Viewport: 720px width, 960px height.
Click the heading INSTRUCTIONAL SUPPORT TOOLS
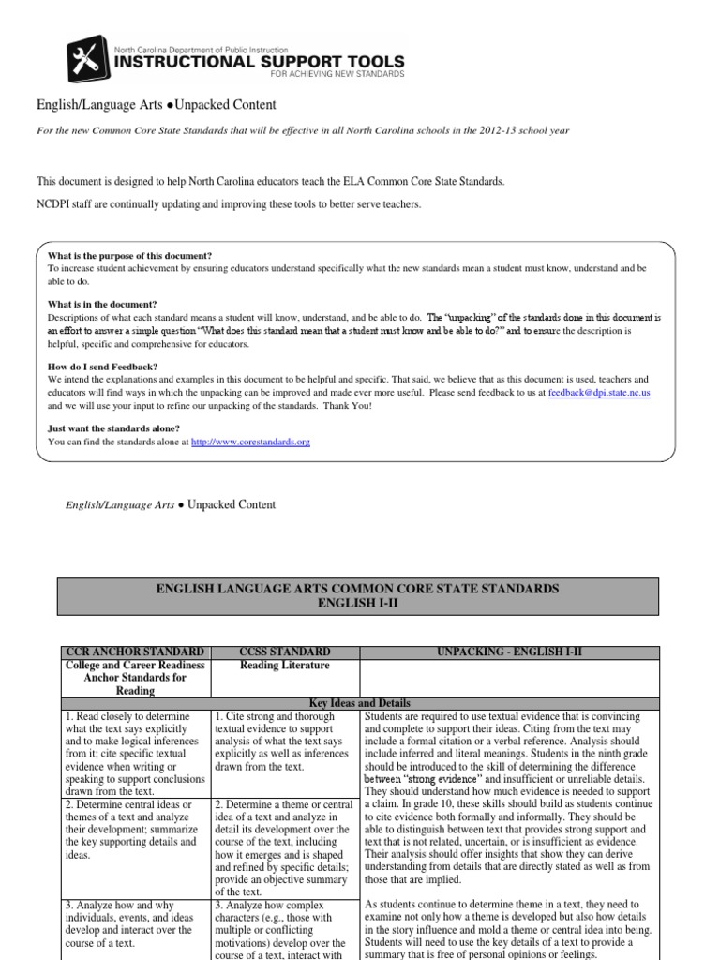click(x=259, y=62)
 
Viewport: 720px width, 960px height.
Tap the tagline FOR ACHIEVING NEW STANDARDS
click(x=337, y=74)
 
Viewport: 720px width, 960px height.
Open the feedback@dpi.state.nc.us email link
click(x=599, y=393)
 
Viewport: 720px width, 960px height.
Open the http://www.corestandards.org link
click(x=250, y=441)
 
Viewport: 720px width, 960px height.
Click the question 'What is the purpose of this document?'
click(x=130, y=256)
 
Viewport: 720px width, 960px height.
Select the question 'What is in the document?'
click(x=103, y=304)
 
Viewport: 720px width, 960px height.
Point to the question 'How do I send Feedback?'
click(x=103, y=366)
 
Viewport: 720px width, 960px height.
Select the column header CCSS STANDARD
click(x=285, y=651)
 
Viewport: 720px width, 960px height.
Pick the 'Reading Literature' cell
click(x=285, y=665)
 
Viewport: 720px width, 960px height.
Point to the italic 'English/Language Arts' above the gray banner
click(x=120, y=505)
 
